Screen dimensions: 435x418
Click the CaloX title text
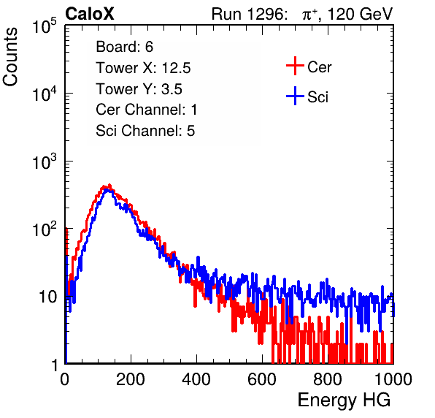(90, 14)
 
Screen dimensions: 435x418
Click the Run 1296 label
(249, 14)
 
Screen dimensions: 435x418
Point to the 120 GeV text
(360, 14)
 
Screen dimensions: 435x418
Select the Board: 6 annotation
(124, 47)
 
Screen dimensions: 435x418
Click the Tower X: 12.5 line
(143, 68)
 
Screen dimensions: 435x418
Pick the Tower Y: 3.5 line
(139, 89)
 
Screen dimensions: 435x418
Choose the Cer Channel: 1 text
(147, 110)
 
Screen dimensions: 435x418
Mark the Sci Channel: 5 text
(145, 131)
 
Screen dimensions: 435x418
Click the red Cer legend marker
(295, 66)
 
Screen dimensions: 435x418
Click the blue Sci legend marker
(295, 96)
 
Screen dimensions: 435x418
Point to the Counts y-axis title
(10, 57)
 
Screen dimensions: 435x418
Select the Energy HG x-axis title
(344, 400)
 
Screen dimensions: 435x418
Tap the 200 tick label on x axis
(131, 379)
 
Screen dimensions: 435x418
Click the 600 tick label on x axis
(262, 379)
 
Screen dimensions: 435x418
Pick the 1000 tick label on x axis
(393, 379)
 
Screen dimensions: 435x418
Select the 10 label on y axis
(47, 297)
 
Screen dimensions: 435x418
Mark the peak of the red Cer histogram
(109, 185)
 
